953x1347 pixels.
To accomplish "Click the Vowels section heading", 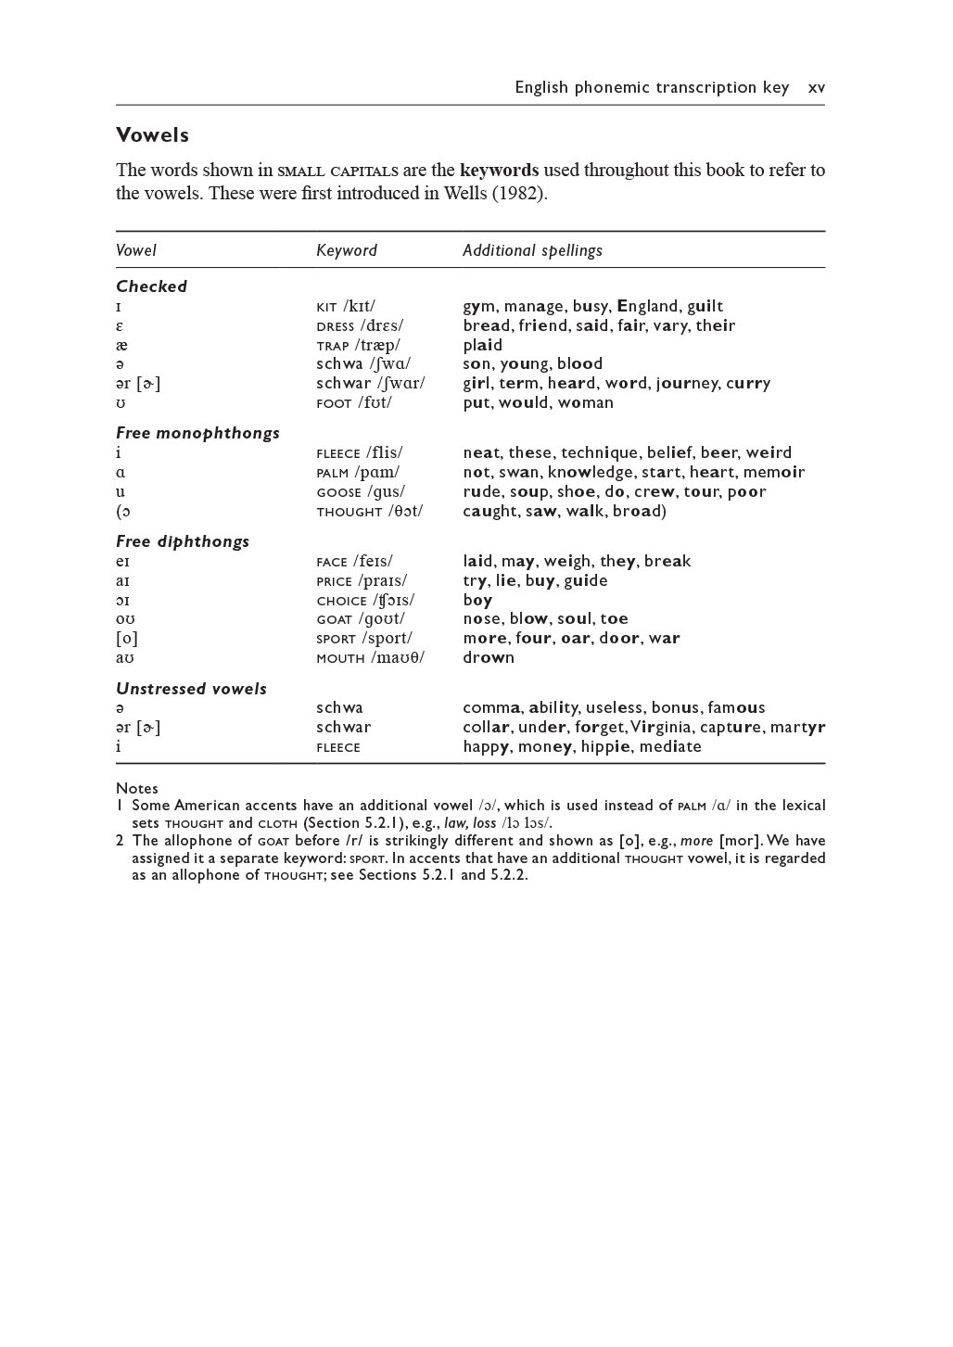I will tap(152, 135).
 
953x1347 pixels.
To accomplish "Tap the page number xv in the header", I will tap(816, 88).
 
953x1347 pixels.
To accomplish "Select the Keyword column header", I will tap(347, 250).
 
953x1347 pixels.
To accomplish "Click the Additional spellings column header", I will tap(532, 250).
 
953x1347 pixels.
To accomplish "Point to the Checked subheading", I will tap(151, 286).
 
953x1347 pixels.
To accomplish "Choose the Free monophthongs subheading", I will tap(197, 433).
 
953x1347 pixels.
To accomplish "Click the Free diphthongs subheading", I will tap(183, 541).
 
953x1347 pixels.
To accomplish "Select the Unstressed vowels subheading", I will tap(191, 689).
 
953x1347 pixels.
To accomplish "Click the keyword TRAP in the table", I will tap(333, 346).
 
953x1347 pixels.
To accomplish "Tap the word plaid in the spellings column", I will tap(483, 345).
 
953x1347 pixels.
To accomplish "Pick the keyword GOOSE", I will tap(338, 492).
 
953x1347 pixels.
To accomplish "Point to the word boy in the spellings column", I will tap(477, 600).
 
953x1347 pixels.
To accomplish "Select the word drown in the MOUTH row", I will tap(489, 657).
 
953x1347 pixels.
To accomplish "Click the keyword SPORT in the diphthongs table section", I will tap(336, 639).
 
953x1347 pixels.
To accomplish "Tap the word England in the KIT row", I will tap(647, 306).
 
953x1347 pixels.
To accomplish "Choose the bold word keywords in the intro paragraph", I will tap(499, 171).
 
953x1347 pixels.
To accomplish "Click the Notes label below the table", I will tap(137, 788).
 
